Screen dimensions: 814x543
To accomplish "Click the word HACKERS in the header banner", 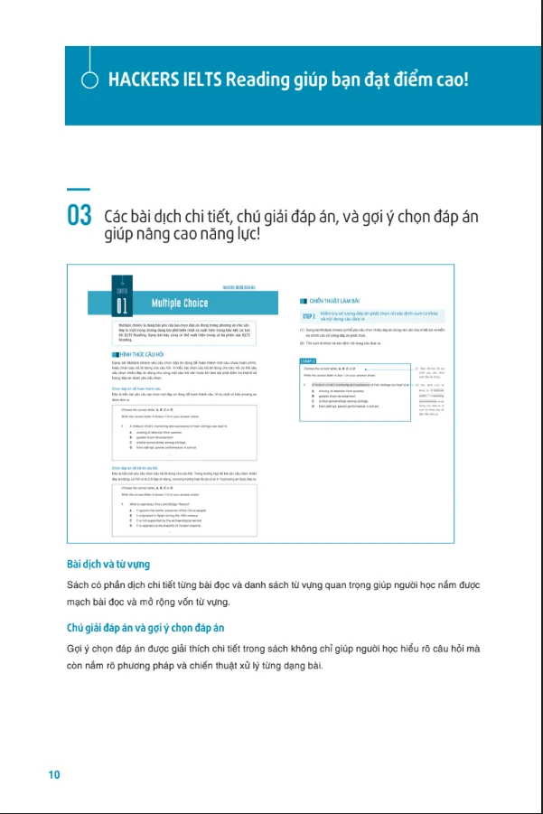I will pos(139,80).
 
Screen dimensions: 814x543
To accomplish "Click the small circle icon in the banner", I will pos(89,80).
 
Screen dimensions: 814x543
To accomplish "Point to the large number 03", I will pos(79,218).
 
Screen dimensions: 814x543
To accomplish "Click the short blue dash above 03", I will pos(79,190).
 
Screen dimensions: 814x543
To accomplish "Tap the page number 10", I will pos(54,774).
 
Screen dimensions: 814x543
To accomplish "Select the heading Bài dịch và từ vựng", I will pos(108,564).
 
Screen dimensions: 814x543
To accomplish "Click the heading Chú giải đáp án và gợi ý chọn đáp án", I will pos(145,627).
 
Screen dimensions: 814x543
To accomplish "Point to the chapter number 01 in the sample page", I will pos(122,304).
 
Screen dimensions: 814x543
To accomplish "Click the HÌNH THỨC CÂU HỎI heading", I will pos(143,355).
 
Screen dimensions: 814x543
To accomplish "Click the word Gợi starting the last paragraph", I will pos(78,649).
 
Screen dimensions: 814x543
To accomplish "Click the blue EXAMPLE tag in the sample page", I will pos(308,360).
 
